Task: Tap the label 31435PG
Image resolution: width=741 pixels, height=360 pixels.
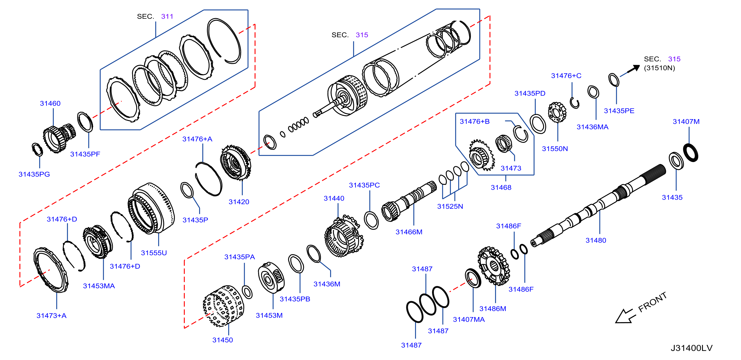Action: pyautogui.click(x=34, y=174)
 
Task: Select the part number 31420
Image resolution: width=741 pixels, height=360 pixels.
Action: pyautogui.click(x=239, y=202)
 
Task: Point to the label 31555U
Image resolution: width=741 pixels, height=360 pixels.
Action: pyautogui.click(x=154, y=253)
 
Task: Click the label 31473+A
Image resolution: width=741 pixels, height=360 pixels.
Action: pyautogui.click(x=51, y=315)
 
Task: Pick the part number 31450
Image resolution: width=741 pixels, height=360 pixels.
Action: pyautogui.click(x=223, y=340)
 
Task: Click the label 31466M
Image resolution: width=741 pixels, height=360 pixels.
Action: pyautogui.click(x=409, y=232)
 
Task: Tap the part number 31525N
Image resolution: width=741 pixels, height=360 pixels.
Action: pyautogui.click(x=450, y=206)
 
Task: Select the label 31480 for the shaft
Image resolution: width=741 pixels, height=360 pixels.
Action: pyautogui.click(x=596, y=240)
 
